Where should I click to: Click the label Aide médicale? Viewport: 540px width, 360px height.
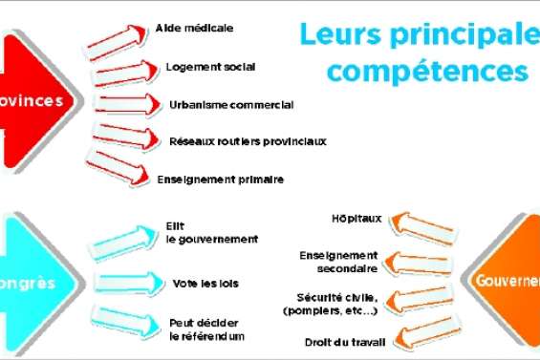tap(194, 30)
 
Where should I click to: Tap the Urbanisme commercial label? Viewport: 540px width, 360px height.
tap(231, 104)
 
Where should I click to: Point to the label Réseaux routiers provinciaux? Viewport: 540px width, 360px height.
tap(248, 141)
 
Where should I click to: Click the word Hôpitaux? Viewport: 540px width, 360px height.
tap(357, 219)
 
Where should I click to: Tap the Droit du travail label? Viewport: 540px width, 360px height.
tap(338, 342)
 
